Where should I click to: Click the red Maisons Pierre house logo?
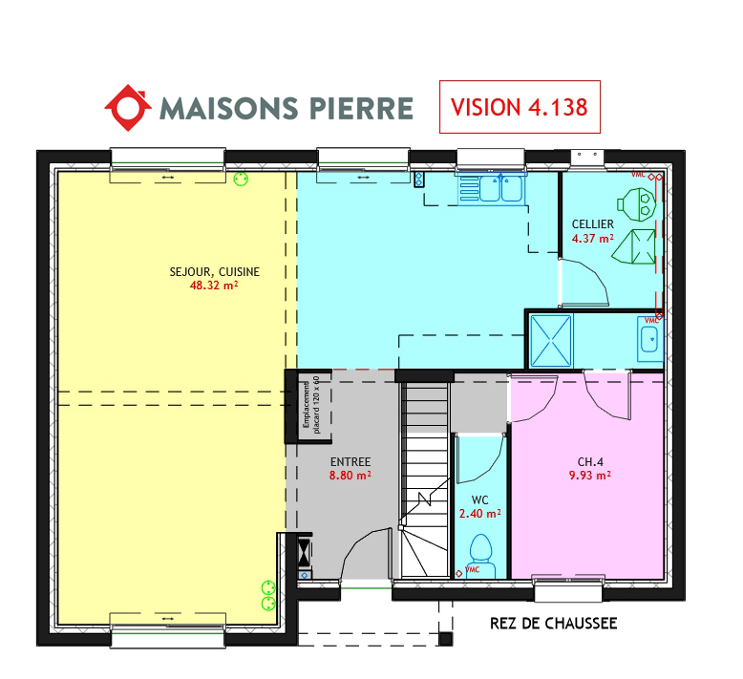tap(128, 108)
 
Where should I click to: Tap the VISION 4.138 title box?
tap(520, 107)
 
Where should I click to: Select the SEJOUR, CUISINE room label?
tap(215, 272)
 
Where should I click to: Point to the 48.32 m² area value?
tap(214, 286)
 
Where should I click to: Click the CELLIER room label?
tap(593, 224)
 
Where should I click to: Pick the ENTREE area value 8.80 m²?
tap(350, 476)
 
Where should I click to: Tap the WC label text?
tap(480, 499)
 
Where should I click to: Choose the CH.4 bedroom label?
tap(590, 461)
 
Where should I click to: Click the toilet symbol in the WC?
tap(481, 556)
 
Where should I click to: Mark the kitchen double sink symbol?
tap(501, 188)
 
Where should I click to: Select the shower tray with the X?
tap(551, 341)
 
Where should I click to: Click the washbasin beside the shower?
tap(650, 339)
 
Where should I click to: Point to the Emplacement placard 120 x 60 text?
tap(311, 405)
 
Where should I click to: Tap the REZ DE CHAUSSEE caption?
tap(554, 624)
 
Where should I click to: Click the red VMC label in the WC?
tap(472, 569)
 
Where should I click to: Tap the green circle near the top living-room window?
tap(241, 180)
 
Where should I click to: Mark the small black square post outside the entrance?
tap(445, 639)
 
